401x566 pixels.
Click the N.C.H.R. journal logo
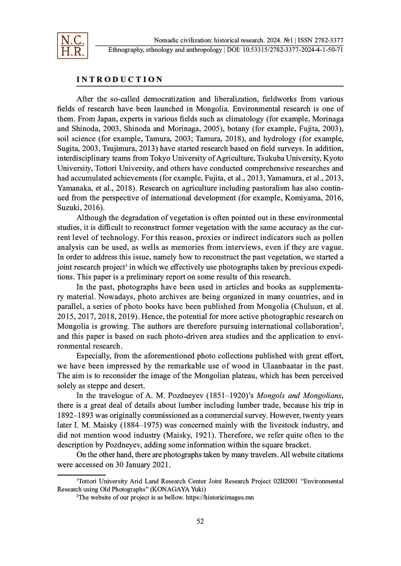(x=72, y=46)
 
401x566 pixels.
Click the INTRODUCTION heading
(x=120, y=79)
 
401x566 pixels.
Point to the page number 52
(x=200, y=521)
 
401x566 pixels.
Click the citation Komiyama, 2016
(x=314, y=198)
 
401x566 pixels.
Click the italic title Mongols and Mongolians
(x=299, y=396)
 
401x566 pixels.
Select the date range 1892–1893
(x=76, y=415)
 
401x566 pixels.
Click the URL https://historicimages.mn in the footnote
(x=220, y=498)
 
